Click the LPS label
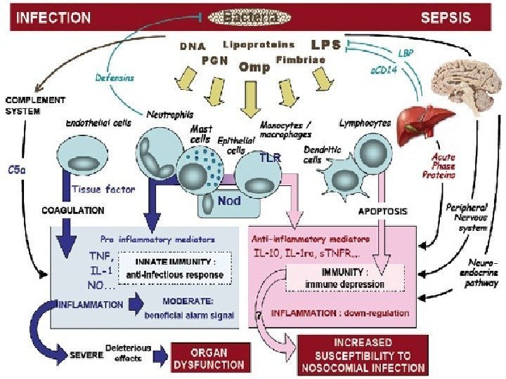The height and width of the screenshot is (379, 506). click(325, 45)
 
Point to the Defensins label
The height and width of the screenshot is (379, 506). click(115, 77)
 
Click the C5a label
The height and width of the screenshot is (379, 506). click(18, 171)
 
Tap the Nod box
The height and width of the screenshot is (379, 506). click(229, 201)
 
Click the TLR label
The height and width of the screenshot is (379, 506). click(269, 158)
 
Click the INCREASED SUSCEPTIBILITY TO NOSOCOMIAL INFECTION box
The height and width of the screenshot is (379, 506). click(362, 354)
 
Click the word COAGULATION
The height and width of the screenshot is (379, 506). click(72, 210)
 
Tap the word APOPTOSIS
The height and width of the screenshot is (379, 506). click(383, 210)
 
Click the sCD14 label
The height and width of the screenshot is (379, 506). click(383, 72)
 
